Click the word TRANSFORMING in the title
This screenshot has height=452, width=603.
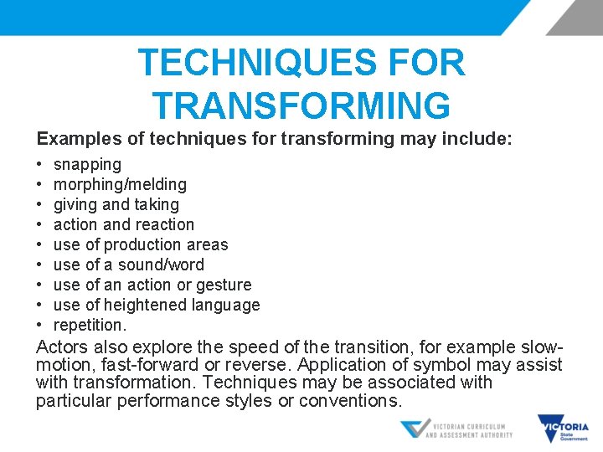point(301,105)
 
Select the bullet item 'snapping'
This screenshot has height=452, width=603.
point(87,165)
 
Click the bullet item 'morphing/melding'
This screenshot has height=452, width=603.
point(120,184)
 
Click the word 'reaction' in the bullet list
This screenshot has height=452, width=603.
point(163,224)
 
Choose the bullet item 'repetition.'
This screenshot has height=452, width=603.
point(90,325)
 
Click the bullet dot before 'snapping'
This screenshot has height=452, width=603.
point(40,165)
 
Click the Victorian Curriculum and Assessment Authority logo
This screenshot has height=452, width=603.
point(456,429)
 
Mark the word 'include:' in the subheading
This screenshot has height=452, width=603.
point(477,138)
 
